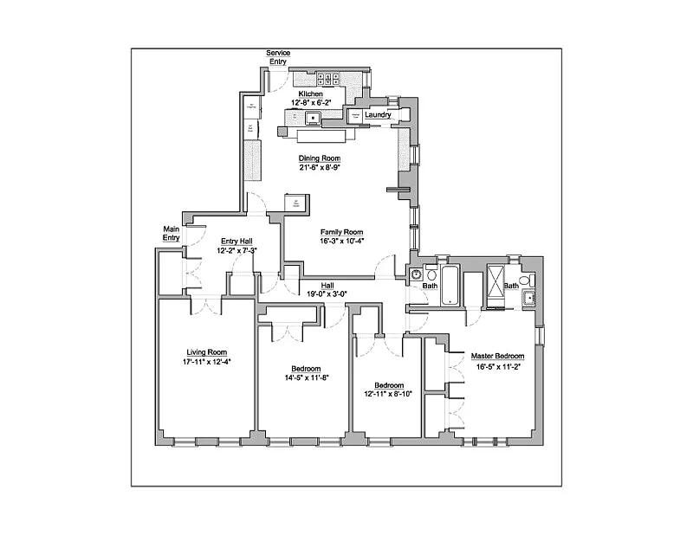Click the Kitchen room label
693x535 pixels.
tap(311, 93)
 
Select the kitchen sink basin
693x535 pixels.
tap(312, 117)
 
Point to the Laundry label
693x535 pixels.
tap(378, 115)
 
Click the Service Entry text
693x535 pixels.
tap(278, 57)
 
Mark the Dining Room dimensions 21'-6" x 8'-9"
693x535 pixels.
tap(320, 168)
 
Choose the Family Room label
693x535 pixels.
tap(340, 232)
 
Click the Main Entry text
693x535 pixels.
tap(172, 233)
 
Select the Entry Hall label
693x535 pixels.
tap(235, 242)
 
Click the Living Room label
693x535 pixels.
tap(206, 351)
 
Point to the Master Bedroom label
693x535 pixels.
tap(497, 356)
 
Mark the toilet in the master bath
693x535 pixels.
tap(528, 299)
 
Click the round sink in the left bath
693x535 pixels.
tap(414, 275)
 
